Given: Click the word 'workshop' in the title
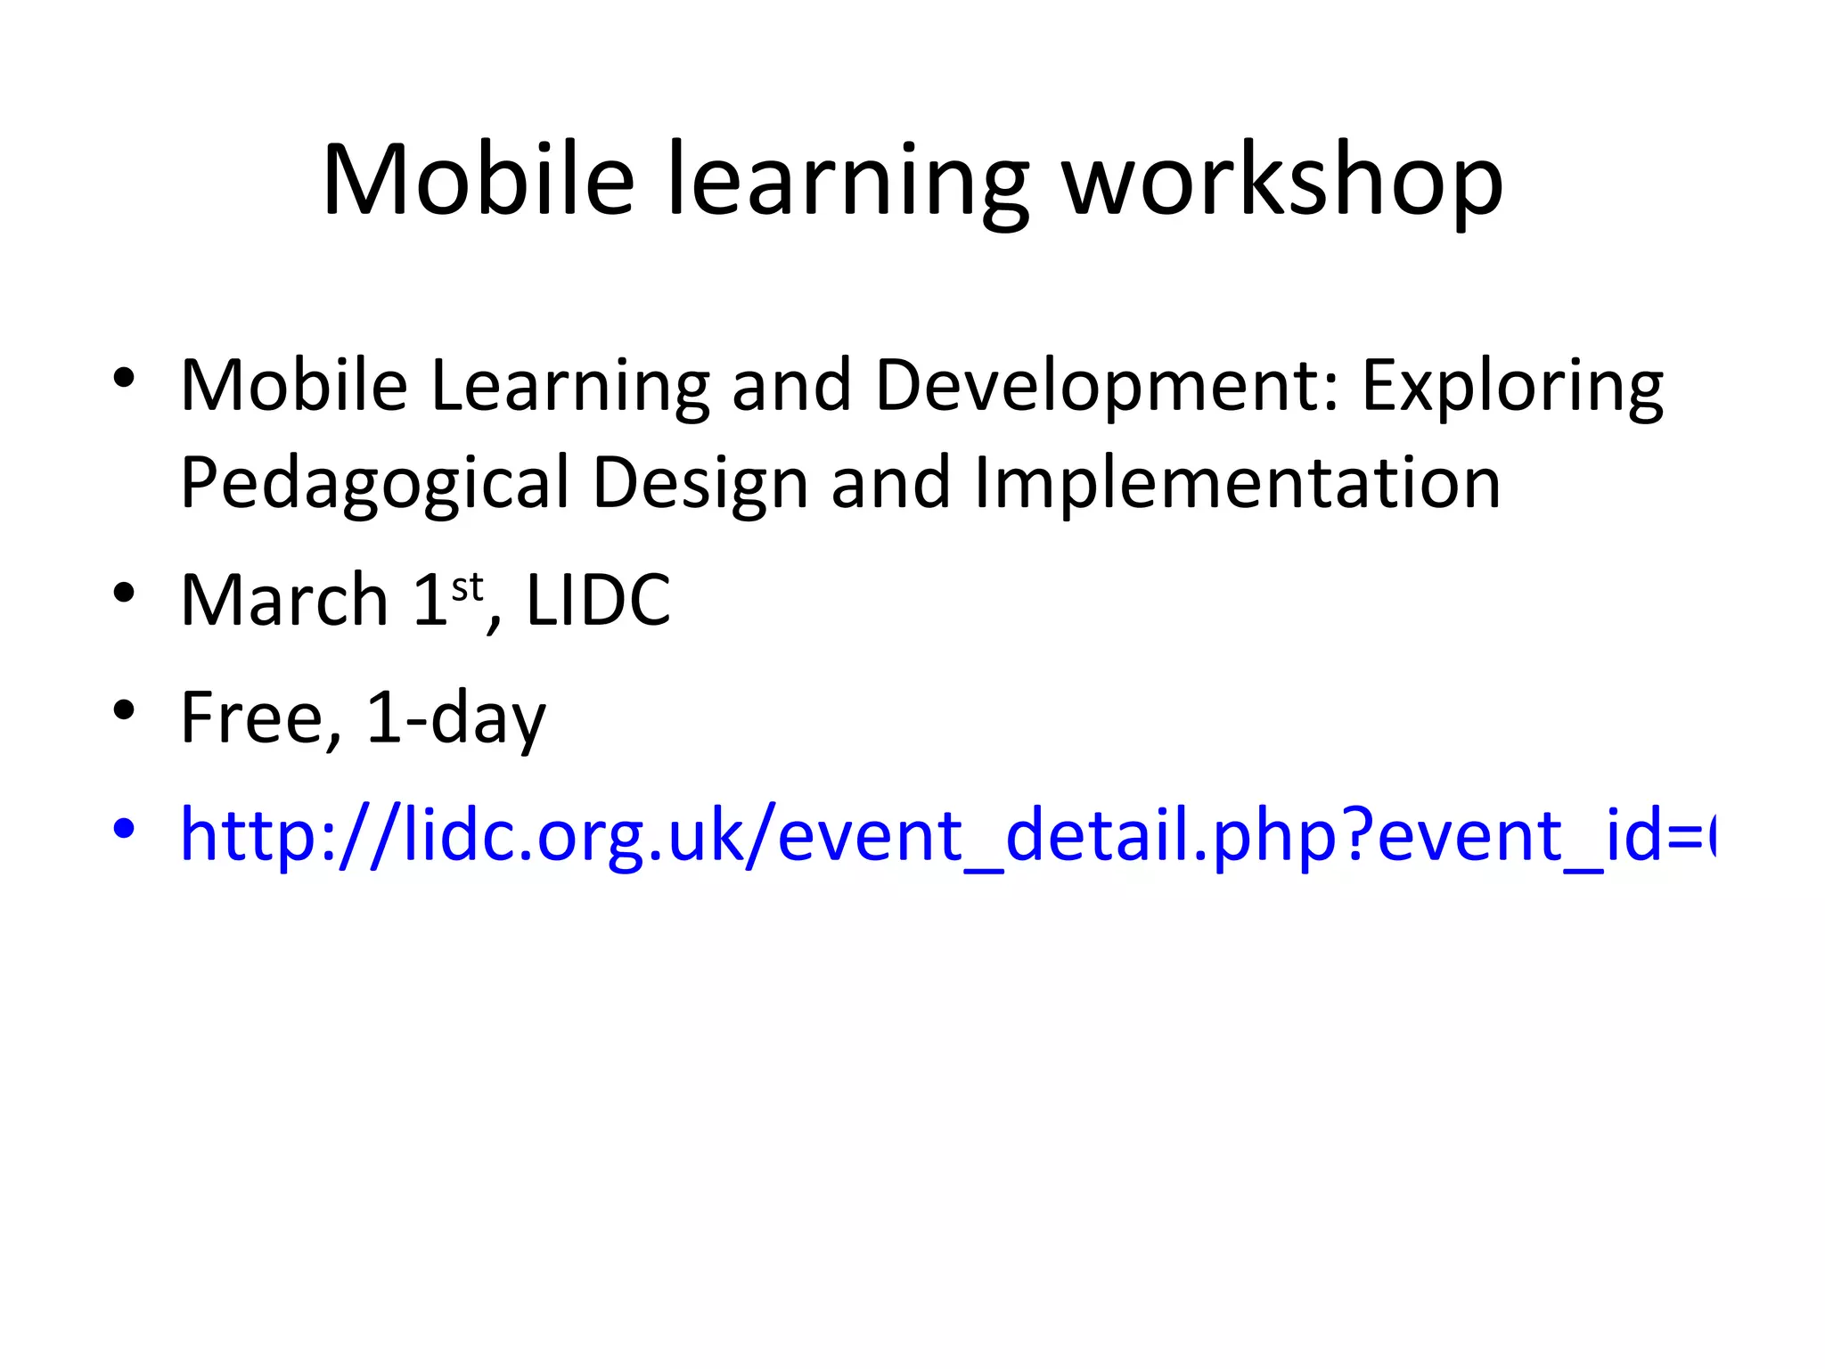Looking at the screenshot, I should (x=1283, y=183).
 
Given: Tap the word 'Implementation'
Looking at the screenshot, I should (x=1238, y=484).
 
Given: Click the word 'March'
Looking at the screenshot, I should (x=284, y=600).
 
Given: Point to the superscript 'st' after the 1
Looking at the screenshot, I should (x=467, y=587).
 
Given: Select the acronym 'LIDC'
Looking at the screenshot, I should (x=598, y=600).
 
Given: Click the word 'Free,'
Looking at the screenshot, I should (x=261, y=717).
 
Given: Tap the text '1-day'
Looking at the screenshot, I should (x=455, y=719).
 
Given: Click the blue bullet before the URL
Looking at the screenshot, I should (x=124, y=828).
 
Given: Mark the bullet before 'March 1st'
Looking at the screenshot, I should (x=124, y=593).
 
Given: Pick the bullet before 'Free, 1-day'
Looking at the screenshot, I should (x=124, y=710).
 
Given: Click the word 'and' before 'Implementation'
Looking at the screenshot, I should (x=890, y=484).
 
